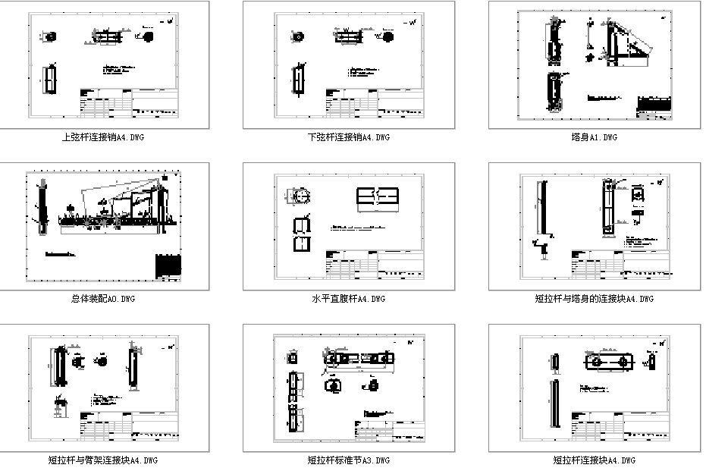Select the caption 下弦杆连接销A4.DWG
pos(350,137)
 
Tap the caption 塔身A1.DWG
pos(595,137)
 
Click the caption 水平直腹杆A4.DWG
pos(350,299)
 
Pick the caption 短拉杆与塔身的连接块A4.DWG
pos(595,299)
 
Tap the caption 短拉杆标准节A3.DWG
pos(350,460)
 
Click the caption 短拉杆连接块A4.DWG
pos(595,460)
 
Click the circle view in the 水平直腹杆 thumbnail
pos(298,196)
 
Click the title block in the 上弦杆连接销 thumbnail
pos(129,102)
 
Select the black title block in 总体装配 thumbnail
pos(168,266)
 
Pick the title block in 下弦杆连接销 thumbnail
pos(375,102)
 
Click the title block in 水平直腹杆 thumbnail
pos(375,264)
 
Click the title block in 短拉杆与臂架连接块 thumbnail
pos(129,425)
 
